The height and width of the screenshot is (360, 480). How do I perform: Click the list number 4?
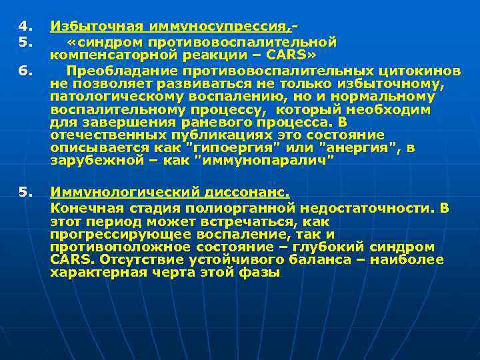(x=25, y=27)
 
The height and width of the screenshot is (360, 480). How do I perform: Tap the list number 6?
(x=25, y=69)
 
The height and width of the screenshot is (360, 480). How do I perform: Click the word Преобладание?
(x=123, y=69)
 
